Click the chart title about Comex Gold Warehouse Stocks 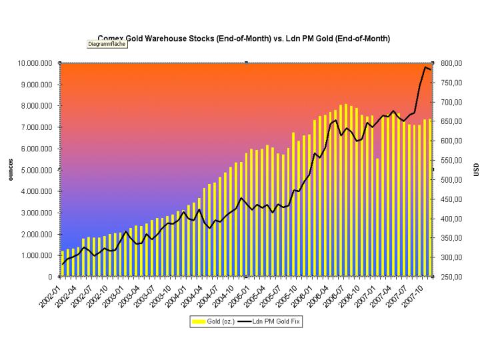[x=243, y=39]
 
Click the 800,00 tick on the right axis [x=451, y=63]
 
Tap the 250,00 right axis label [x=451, y=277]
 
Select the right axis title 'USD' [x=476, y=170]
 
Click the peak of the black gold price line [x=425, y=67]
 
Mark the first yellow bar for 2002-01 [x=63, y=263]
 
